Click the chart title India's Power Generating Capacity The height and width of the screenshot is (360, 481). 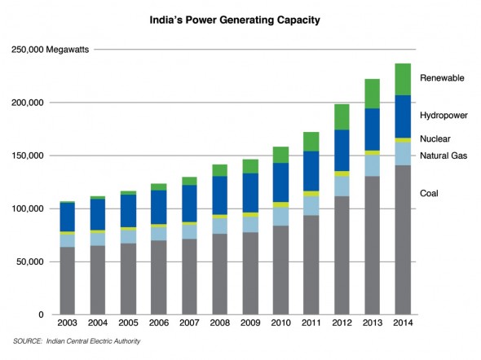(235, 20)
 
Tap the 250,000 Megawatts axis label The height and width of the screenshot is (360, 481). (50, 50)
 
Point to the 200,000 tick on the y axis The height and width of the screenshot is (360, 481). (28, 103)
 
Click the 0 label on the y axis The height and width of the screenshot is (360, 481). (41, 315)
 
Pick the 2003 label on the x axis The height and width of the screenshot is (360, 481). (67, 323)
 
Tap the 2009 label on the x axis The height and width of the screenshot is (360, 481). (250, 323)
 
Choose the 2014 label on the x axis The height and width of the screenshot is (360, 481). (403, 323)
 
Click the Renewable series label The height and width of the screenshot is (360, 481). (442, 78)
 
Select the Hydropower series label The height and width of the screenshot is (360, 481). (443, 116)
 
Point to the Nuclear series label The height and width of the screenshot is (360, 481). (435, 138)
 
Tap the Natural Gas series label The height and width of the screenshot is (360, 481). (443, 156)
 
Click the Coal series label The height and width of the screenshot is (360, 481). (429, 193)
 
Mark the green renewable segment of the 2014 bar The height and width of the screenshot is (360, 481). (403, 79)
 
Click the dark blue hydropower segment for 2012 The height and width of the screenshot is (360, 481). (342, 151)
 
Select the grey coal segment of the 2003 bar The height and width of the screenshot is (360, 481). (67, 281)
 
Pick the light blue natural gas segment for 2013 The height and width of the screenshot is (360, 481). (372, 166)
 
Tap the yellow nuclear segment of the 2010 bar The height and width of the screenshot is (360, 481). (280, 205)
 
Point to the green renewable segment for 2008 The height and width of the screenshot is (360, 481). (219, 170)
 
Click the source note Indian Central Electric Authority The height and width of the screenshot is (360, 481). (93, 341)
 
